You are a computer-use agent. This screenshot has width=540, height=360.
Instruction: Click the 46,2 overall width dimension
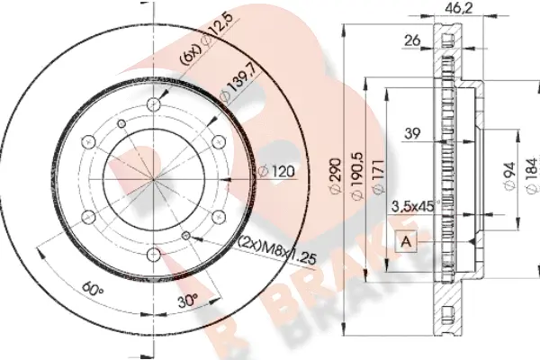point(458,8)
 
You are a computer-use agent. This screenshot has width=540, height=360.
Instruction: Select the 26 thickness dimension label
point(412,40)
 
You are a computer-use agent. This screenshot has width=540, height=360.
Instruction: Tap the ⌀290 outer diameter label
point(336,175)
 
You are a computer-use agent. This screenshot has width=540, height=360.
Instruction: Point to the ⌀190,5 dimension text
point(356,175)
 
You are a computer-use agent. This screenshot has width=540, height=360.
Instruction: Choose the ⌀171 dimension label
point(378,176)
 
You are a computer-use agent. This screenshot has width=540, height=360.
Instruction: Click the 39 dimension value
point(412,133)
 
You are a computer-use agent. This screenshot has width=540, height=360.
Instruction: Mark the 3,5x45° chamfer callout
point(415,206)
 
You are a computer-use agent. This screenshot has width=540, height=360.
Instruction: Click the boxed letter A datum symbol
point(407,241)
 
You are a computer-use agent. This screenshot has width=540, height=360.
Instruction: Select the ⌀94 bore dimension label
point(509,175)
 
